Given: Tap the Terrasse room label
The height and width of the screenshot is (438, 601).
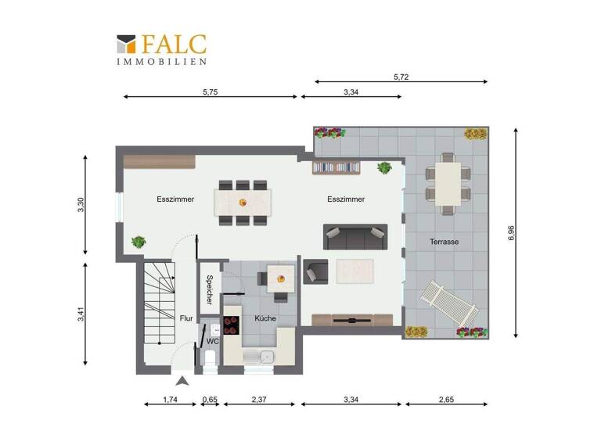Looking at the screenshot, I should click(444, 242).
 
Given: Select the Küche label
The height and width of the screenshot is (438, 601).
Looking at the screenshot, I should click(265, 318).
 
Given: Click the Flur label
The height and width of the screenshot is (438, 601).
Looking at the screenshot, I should click(186, 318).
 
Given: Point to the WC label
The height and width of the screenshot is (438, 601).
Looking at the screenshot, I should click(213, 342).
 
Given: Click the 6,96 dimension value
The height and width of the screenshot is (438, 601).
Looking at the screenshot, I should click(511, 233).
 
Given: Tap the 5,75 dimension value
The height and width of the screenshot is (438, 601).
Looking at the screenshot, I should click(210, 91).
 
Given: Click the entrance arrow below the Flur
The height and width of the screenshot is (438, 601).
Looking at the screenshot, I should click(182, 382).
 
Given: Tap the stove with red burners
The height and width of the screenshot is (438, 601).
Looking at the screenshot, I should click(232, 326).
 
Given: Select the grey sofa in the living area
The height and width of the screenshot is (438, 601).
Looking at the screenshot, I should click(355, 235).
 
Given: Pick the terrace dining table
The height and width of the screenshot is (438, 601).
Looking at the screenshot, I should click(448, 182).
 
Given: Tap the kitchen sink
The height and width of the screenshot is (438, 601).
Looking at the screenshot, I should click(261, 358).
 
